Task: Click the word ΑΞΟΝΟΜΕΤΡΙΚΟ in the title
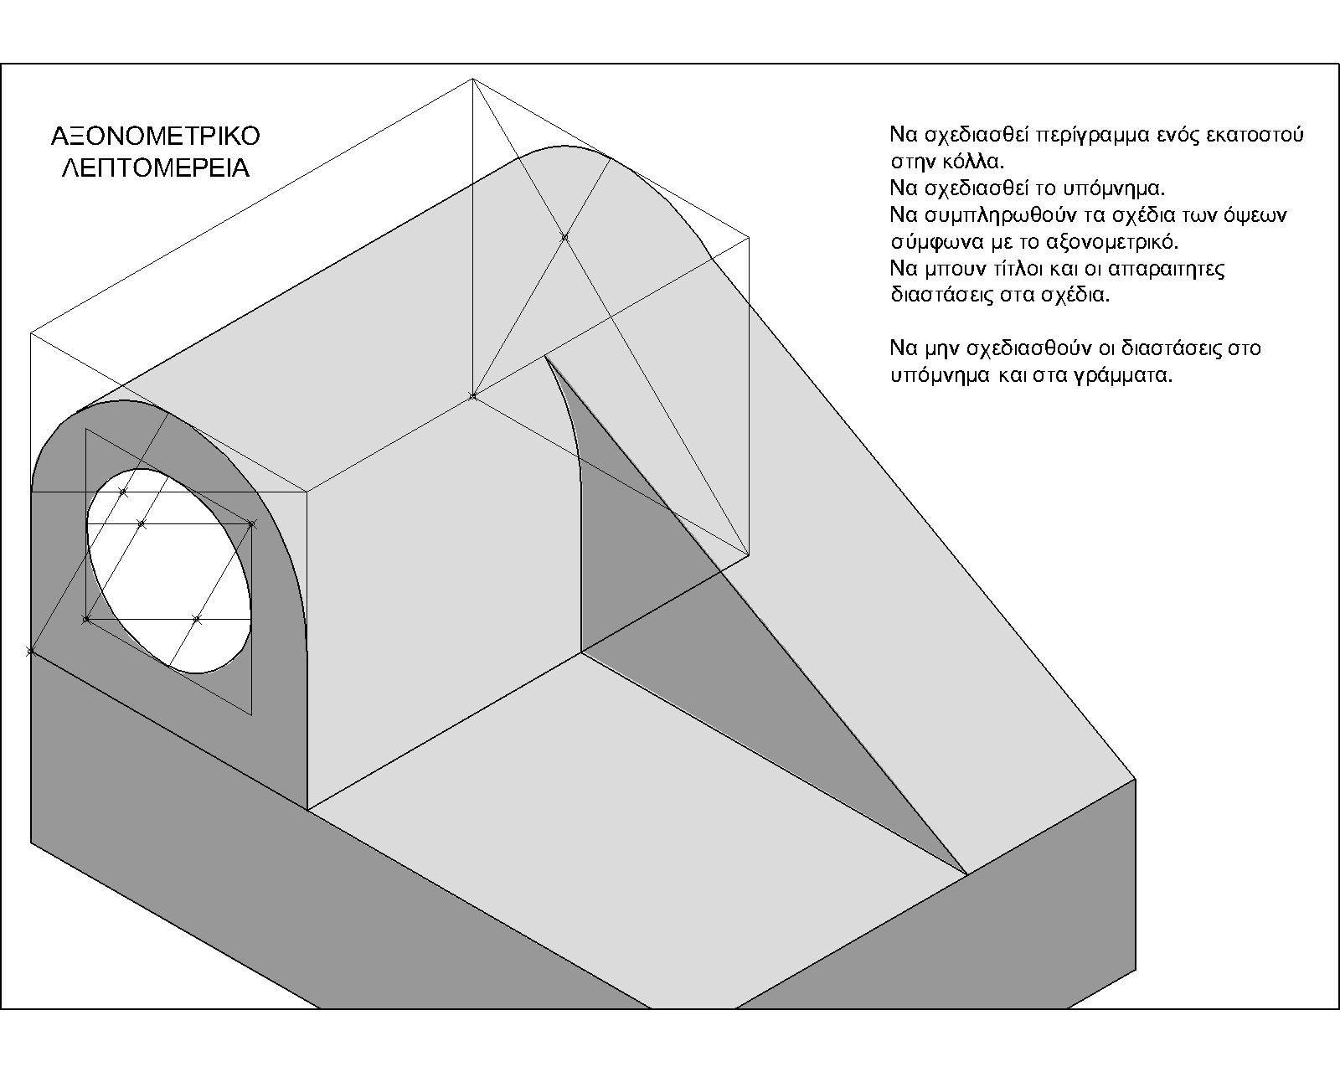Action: (156, 136)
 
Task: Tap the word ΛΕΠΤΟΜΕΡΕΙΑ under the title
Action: (156, 167)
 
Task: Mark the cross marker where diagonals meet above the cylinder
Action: (564, 237)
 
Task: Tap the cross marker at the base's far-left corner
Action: (32, 651)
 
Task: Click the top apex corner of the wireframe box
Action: (472, 79)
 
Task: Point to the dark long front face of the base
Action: (335, 913)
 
